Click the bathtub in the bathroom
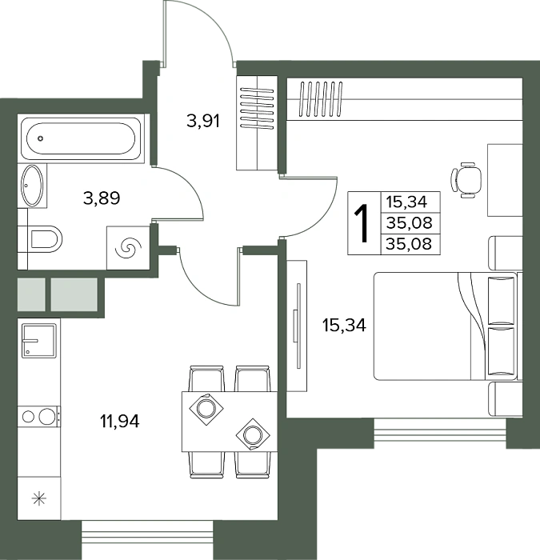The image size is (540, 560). pyautogui.click(x=81, y=138)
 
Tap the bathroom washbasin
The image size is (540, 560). pyautogui.click(x=33, y=186)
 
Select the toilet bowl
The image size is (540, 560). pyautogui.click(x=46, y=238)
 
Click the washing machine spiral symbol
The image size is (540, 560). pyautogui.click(x=128, y=247)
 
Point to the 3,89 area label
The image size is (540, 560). pyautogui.click(x=102, y=198)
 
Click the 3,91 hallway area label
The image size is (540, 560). pyautogui.click(x=203, y=122)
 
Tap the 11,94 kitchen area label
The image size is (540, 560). pyautogui.click(x=120, y=422)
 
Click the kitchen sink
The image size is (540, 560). pyautogui.click(x=39, y=340)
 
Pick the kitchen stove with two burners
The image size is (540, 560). pyautogui.click(x=39, y=417)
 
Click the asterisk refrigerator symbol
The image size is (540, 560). pyautogui.click(x=39, y=498)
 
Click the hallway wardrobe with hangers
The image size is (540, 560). pyautogui.click(x=257, y=123)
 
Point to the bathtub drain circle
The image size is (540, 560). pyautogui.click(x=41, y=138)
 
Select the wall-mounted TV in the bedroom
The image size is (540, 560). pyautogui.click(x=298, y=326)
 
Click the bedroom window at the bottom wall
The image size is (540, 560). pyautogui.click(x=440, y=434)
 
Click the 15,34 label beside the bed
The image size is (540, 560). pyautogui.click(x=344, y=326)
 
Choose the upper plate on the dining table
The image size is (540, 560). pyautogui.click(x=206, y=408)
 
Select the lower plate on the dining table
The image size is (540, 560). pyautogui.click(x=254, y=434)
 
